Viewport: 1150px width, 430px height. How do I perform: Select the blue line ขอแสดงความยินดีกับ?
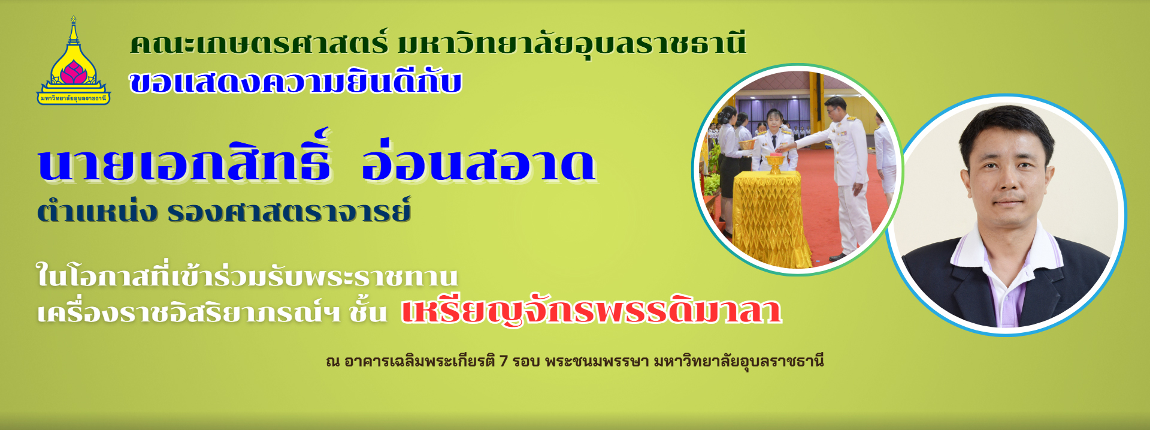296,81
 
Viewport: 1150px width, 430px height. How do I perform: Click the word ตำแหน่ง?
98,211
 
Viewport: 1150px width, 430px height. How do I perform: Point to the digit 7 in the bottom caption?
503,361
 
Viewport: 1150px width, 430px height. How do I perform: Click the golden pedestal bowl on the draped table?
775,163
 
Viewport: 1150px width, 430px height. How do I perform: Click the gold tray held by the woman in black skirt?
746,144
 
